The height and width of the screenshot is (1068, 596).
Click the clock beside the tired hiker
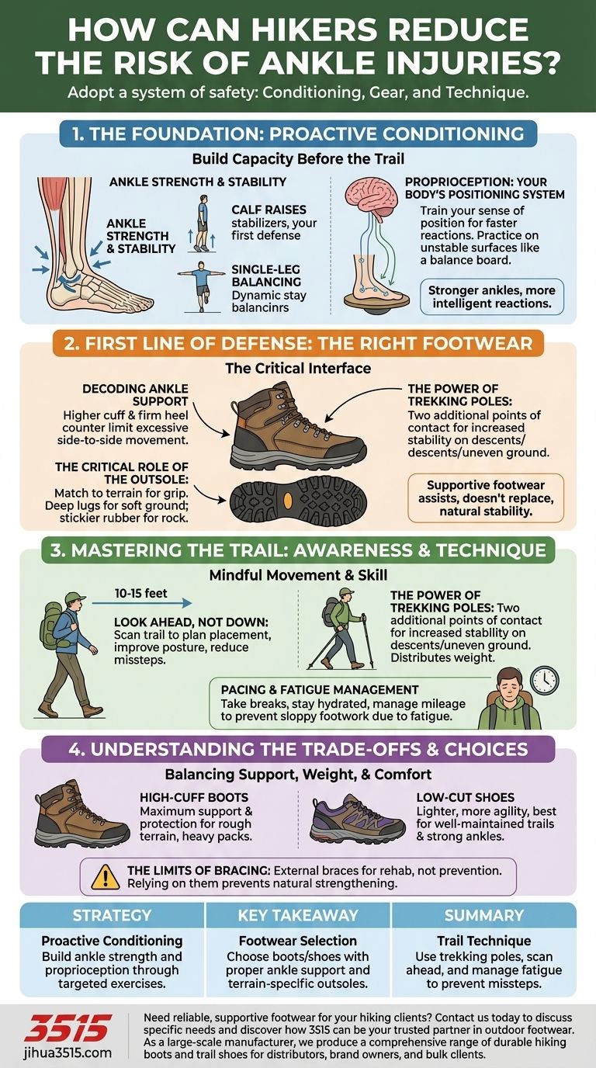pos(545,680)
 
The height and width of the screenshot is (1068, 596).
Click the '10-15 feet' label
pos(141,593)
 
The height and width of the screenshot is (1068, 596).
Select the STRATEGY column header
pos(112,915)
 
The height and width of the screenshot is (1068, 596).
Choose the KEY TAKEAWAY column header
pos(298,915)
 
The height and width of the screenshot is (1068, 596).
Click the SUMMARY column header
pos(484,915)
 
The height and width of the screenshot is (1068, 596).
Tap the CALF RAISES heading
pos(269,210)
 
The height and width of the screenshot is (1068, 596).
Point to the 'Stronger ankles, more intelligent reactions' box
pos(491,296)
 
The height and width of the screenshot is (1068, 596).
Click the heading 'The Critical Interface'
pos(298,368)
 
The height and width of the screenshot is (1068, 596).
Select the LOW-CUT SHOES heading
pos(466,797)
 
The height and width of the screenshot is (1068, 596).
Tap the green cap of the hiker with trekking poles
pos(348,592)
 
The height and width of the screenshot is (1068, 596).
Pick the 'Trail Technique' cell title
pos(484,940)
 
